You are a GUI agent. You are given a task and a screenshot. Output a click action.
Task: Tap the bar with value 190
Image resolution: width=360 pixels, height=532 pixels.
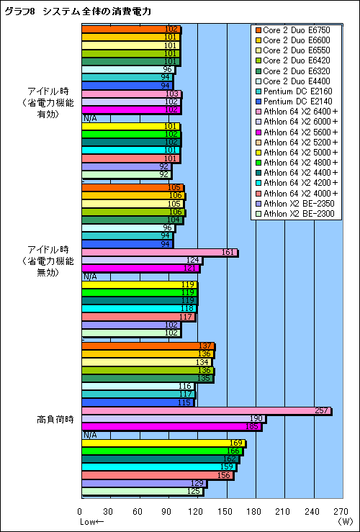tap(173, 419)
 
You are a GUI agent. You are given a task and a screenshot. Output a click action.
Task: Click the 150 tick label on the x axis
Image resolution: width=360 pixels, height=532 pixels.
tap(226, 512)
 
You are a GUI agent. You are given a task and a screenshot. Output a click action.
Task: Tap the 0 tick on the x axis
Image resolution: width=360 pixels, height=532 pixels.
tap(81, 512)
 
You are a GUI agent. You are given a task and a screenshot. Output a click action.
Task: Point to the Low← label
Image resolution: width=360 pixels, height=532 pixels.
tap(92, 521)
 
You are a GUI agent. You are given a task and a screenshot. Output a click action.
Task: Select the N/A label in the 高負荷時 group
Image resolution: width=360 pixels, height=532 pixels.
tap(90, 435)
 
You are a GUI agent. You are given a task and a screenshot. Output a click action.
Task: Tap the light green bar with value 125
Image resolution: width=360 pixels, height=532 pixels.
tap(142, 492)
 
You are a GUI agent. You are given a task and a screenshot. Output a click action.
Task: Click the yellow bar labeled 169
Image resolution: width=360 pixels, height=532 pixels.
tap(163, 443)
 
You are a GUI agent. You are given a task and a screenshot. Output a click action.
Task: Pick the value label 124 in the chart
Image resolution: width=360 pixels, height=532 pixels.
tap(192, 261)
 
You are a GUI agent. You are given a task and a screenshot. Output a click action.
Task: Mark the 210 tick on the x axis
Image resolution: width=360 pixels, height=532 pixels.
tap(284, 512)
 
